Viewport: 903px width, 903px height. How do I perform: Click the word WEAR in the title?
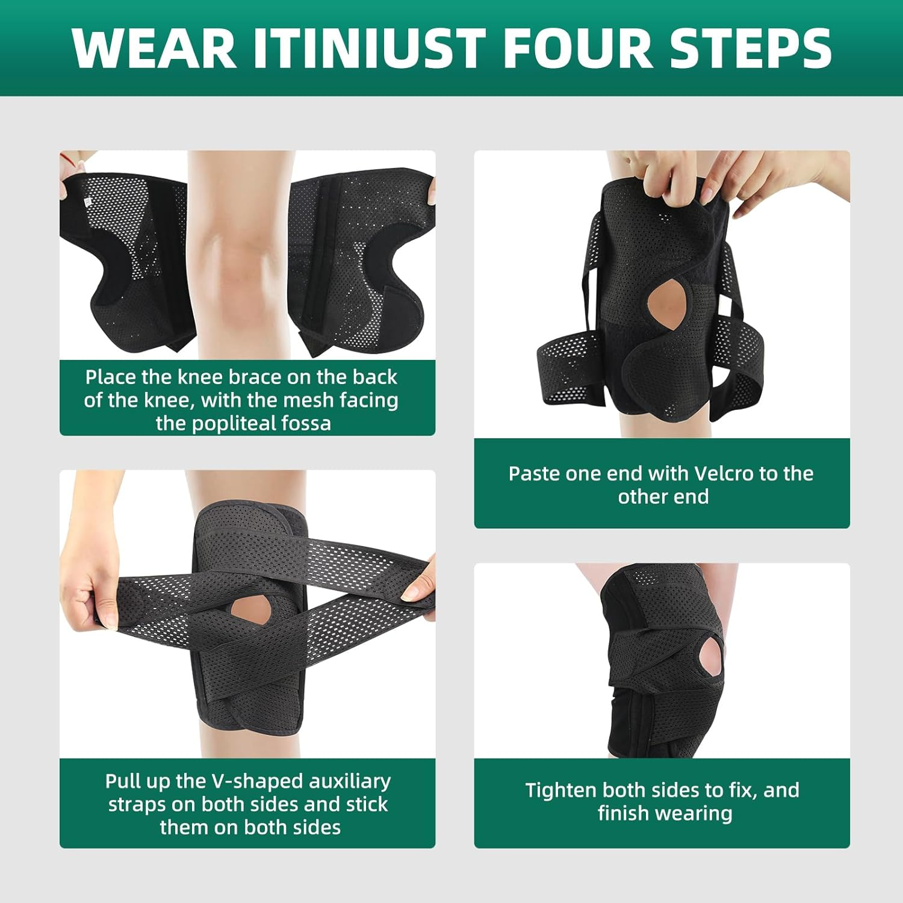click(154, 48)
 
